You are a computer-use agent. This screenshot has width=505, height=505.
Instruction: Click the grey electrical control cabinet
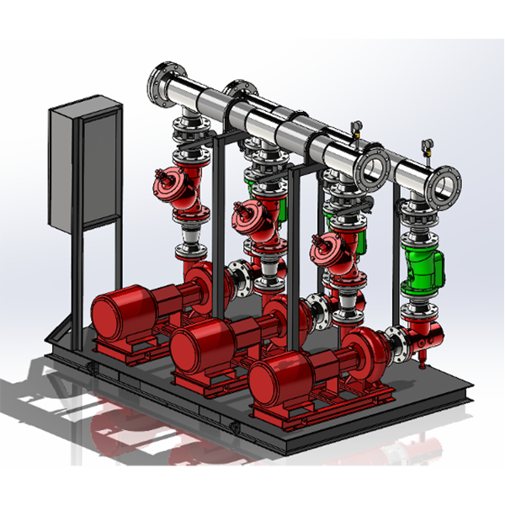[84, 164]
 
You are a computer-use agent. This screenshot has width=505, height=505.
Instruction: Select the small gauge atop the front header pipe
[427, 146]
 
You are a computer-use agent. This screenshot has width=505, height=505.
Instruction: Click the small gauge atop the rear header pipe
[356, 128]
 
